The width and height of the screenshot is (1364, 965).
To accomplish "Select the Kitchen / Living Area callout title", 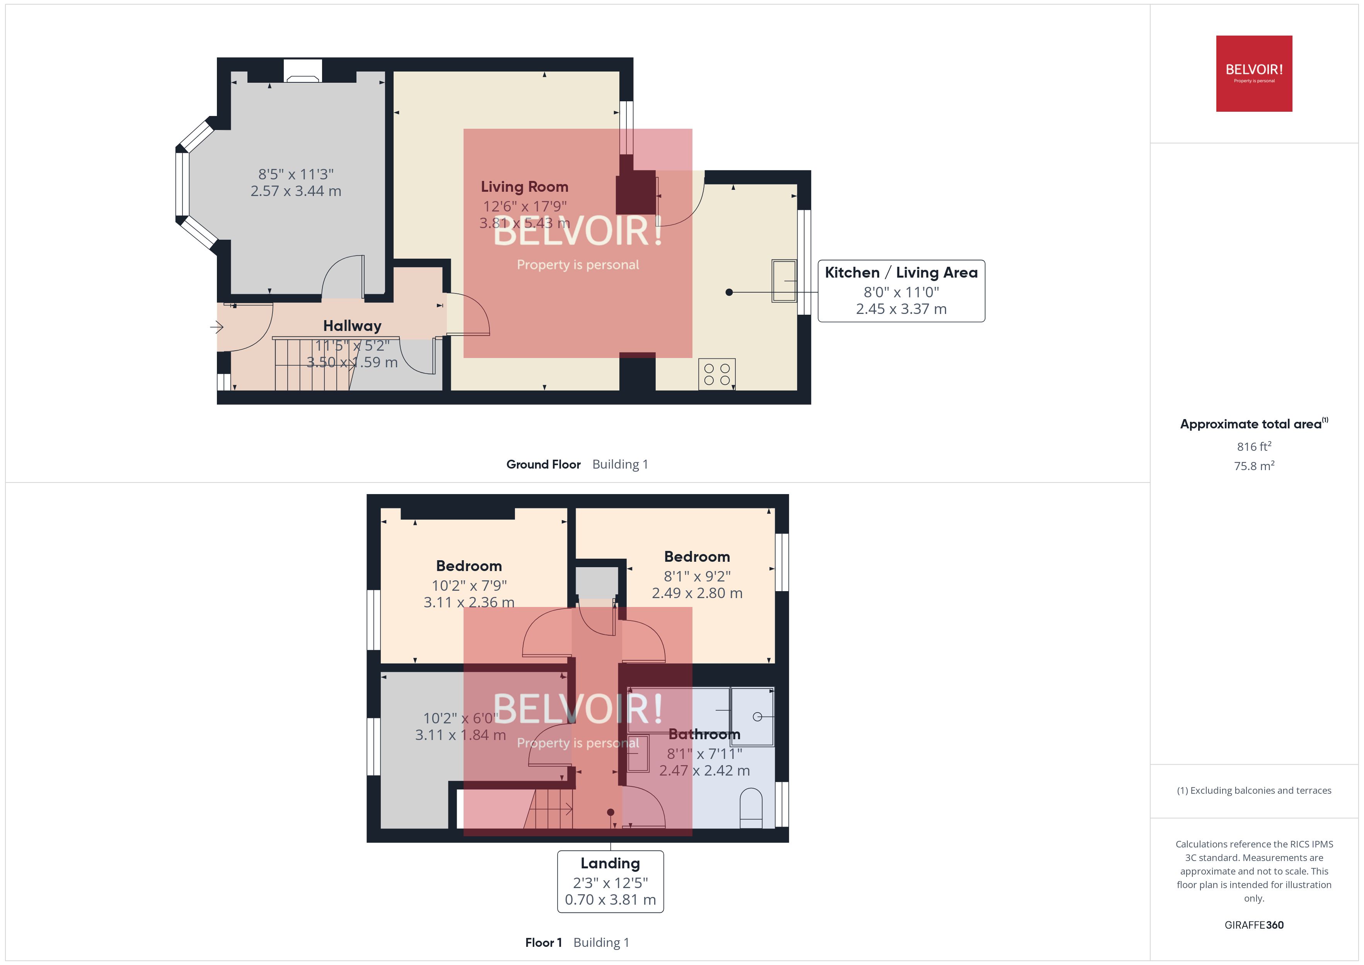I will point(900,273).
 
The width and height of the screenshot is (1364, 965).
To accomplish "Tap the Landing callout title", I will point(610,863).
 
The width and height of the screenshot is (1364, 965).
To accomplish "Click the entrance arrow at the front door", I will point(216,327).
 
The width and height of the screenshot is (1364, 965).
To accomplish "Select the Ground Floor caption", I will point(543,465).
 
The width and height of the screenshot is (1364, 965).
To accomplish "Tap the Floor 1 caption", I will point(543,943).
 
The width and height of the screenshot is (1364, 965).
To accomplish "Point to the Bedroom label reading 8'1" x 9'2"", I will point(696,557).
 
